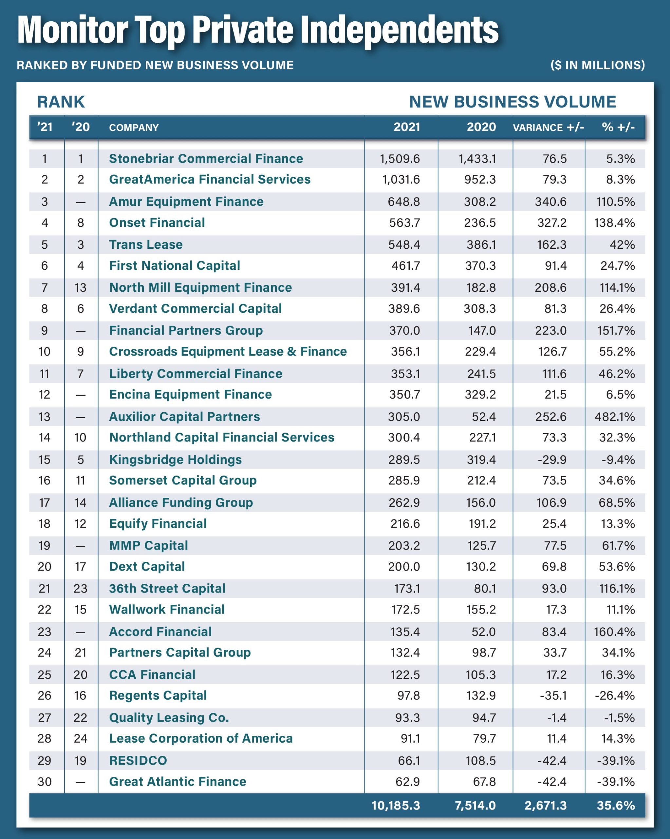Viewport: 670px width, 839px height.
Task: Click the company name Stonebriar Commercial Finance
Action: (x=206, y=159)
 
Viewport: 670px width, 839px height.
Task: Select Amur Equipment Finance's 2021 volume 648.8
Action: (x=404, y=202)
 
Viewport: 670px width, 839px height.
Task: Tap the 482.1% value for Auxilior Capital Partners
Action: (x=614, y=417)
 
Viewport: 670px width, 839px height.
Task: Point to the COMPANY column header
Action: (x=134, y=127)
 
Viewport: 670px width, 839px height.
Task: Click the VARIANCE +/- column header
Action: (x=548, y=127)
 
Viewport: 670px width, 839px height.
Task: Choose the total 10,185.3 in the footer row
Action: (x=396, y=806)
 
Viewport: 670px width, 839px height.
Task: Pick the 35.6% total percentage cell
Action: (x=616, y=806)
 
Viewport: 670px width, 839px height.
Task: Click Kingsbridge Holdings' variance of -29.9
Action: (x=552, y=459)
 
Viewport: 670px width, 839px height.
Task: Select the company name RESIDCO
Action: (x=138, y=760)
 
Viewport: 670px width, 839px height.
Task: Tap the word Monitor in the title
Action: (x=73, y=30)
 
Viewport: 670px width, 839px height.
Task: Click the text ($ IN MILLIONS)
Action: (x=597, y=65)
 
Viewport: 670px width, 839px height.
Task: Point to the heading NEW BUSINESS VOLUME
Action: (x=512, y=102)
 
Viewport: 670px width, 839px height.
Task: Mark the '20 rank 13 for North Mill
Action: (x=81, y=287)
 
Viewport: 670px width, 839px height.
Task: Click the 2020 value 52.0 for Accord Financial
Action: (x=483, y=632)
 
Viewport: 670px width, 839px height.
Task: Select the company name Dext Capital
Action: (x=147, y=567)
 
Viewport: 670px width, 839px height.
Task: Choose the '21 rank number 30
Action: (x=44, y=781)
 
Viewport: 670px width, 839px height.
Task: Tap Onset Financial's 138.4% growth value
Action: (x=614, y=223)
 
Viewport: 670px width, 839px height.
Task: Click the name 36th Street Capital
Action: (x=167, y=588)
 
